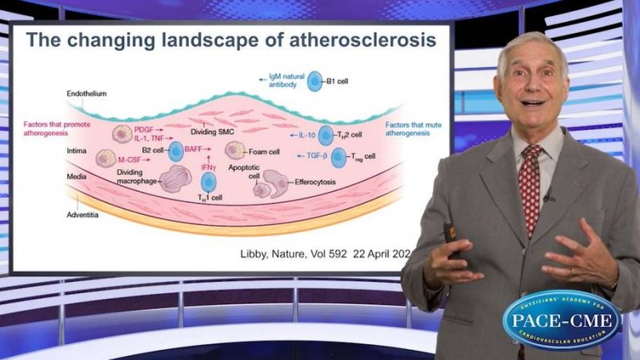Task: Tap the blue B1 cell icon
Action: point(315,82)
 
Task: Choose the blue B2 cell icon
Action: point(176,151)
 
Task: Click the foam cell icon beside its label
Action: point(235,150)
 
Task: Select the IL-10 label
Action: point(306,136)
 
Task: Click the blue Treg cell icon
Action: point(339,158)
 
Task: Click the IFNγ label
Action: point(209,166)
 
